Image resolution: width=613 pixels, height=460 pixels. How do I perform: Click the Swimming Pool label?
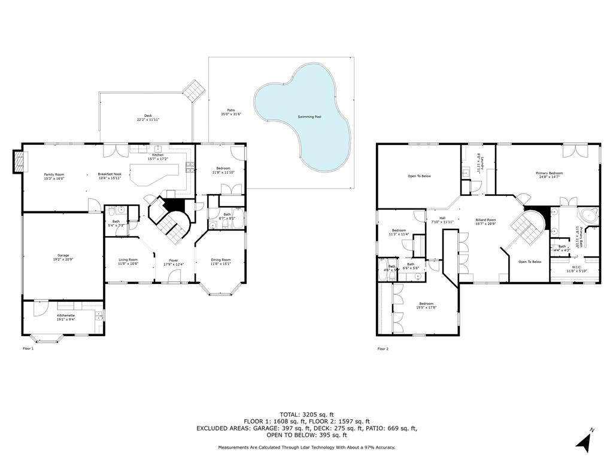click(x=309, y=117)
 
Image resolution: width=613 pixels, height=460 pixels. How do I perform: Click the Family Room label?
click(x=54, y=174)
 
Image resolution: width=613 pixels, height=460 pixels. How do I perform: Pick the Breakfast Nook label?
click(x=110, y=174)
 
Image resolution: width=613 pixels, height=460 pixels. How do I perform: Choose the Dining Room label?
click(x=221, y=260)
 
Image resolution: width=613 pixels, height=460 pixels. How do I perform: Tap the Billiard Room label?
click(x=485, y=220)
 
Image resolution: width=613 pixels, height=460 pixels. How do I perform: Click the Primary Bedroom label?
click(x=549, y=173)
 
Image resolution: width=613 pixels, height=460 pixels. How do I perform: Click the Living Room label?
click(x=128, y=259)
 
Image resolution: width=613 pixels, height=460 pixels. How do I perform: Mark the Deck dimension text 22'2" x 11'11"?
click(x=148, y=120)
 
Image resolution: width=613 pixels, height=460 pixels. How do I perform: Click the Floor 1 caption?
click(x=28, y=348)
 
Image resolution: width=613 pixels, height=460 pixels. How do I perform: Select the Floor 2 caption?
click(x=383, y=348)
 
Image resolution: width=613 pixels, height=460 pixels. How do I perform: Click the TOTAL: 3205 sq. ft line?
click(x=306, y=414)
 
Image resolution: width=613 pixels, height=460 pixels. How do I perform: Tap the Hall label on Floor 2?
click(x=442, y=218)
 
